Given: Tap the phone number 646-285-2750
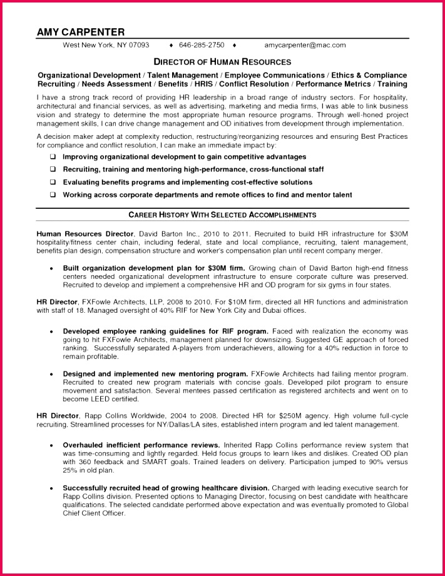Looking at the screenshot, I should [202, 46].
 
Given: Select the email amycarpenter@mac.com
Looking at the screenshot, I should [304, 46].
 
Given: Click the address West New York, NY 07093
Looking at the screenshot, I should [106, 46].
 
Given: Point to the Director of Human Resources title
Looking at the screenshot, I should [222, 62].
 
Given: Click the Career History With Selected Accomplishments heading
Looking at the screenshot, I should [222, 215].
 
